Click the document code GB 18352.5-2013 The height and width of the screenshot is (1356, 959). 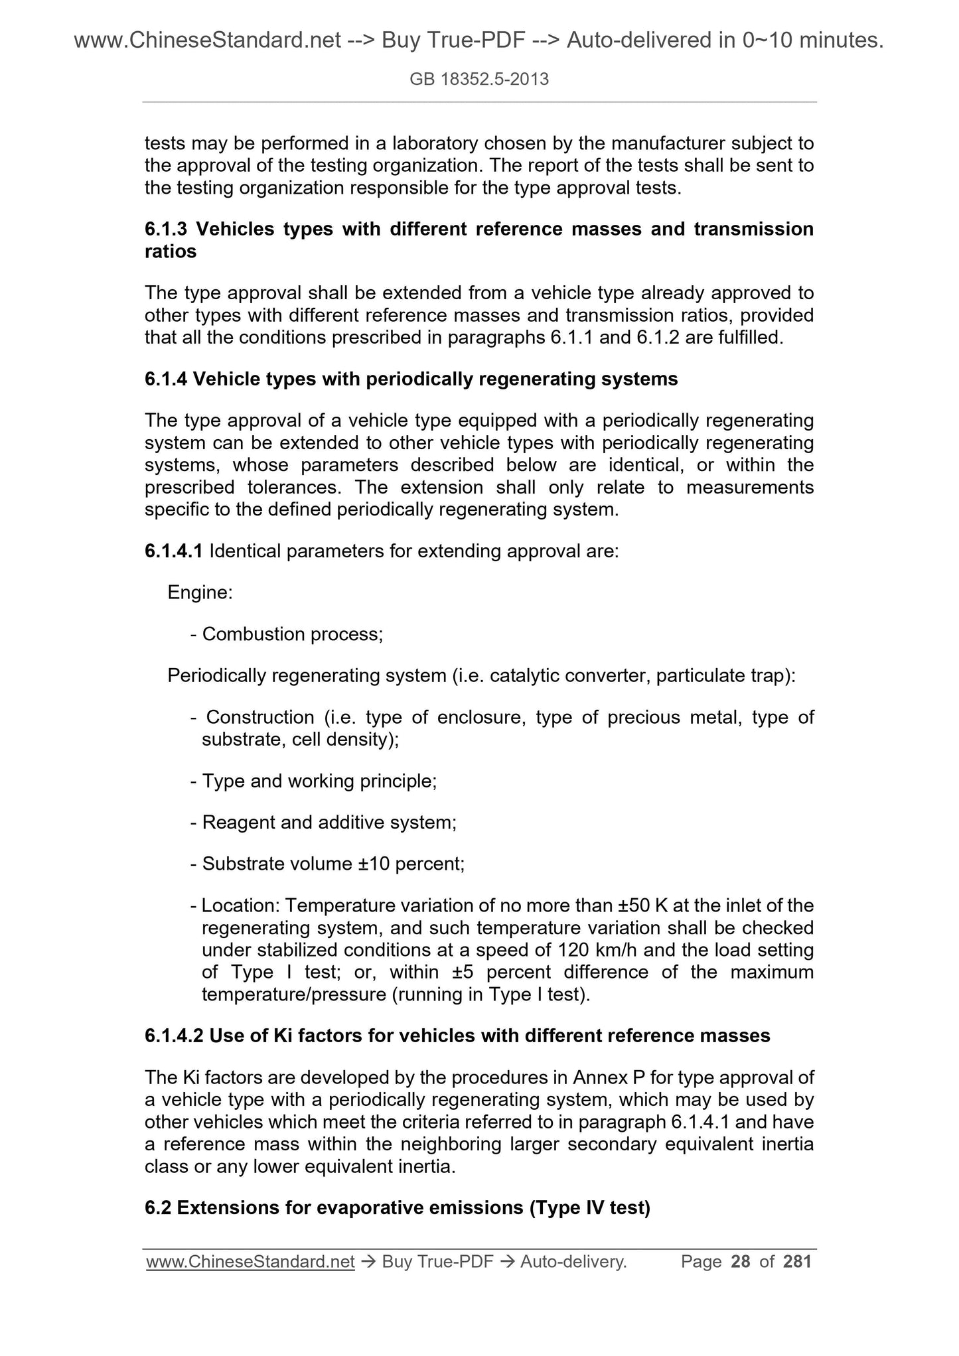click(479, 80)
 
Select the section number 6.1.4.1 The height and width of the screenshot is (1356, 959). click(173, 551)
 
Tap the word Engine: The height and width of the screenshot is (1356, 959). click(200, 592)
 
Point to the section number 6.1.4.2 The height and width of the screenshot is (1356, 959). click(173, 1036)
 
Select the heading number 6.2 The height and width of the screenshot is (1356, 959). click(157, 1207)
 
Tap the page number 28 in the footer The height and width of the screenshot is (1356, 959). click(740, 1261)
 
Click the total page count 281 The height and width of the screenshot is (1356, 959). click(798, 1261)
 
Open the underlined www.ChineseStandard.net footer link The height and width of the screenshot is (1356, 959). click(250, 1262)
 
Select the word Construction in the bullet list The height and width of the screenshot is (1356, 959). click(260, 717)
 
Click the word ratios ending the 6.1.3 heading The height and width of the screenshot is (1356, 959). click(171, 252)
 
